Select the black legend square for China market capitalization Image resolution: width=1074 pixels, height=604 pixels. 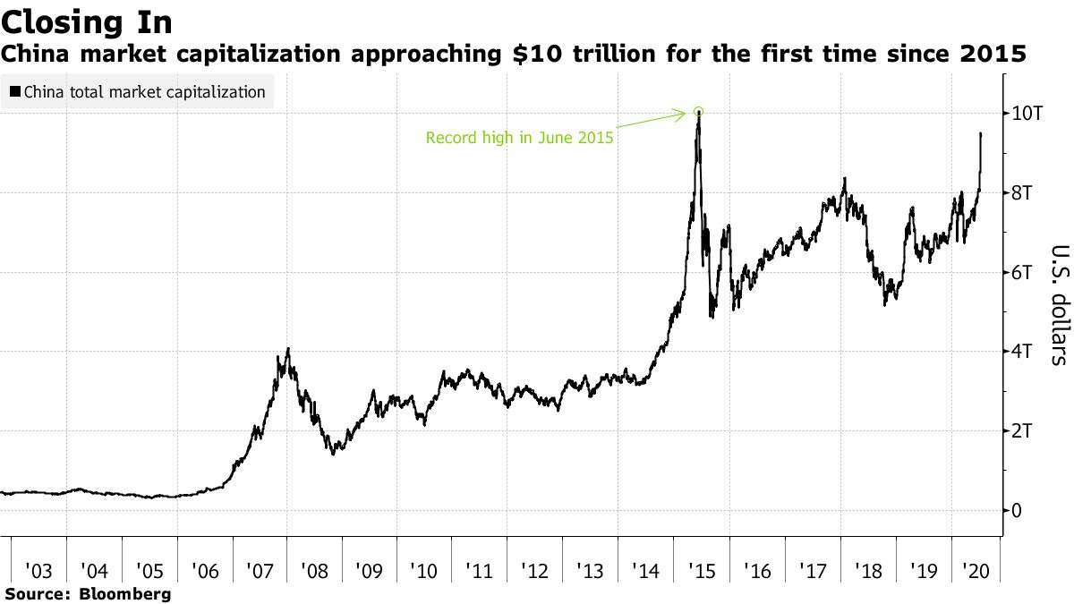tap(15, 91)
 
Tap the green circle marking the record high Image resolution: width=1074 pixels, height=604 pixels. tap(698, 112)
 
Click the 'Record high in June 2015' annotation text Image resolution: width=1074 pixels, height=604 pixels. tap(519, 139)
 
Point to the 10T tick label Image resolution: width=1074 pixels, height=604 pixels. tap(1027, 113)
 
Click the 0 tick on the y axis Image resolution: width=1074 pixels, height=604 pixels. tap(1018, 511)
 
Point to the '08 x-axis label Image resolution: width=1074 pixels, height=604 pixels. tap(315, 570)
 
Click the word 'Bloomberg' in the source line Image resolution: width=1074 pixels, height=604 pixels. tap(126, 593)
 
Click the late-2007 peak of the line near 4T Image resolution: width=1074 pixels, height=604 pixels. tap(287, 349)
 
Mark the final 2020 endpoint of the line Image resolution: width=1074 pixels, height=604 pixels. tap(981, 133)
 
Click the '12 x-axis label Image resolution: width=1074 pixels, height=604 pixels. tap(536, 570)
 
